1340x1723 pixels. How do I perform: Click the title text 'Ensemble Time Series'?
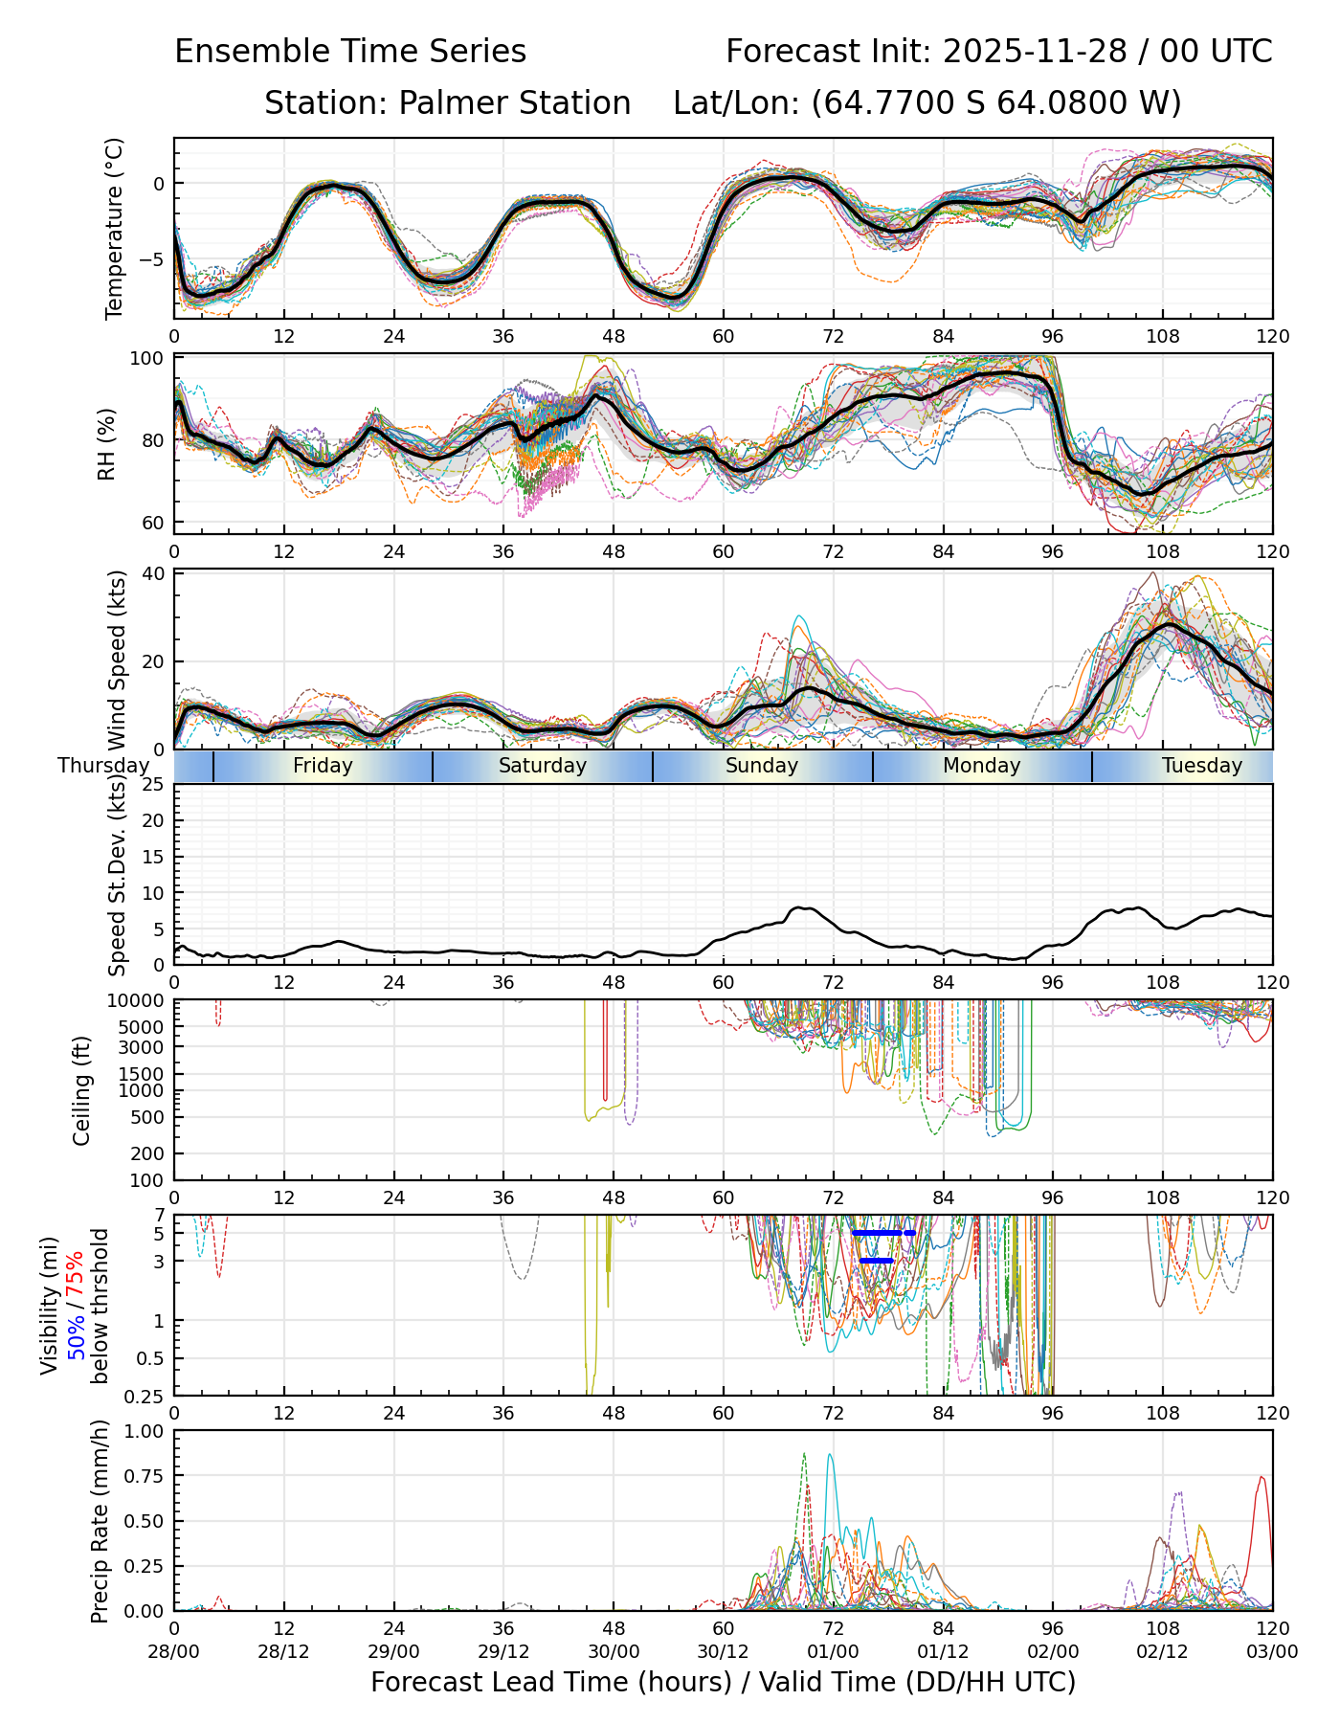350,52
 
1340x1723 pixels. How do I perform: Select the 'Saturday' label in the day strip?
542,766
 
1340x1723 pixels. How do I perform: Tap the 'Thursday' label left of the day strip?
103,766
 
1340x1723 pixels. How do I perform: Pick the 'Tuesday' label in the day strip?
1201,766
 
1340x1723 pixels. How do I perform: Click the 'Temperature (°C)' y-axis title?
115,228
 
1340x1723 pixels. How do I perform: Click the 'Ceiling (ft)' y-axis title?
82,1090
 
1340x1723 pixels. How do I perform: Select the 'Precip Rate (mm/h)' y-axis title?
100,1521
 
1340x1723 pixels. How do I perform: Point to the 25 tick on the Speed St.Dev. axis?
153,785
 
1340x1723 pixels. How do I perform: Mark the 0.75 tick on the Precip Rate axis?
147,1476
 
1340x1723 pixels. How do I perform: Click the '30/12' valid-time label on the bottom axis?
723,1652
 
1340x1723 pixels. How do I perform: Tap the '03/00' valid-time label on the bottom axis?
1272,1652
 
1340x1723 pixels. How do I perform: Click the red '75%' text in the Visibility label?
76,1274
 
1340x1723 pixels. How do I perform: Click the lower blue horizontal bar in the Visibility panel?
876,1261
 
